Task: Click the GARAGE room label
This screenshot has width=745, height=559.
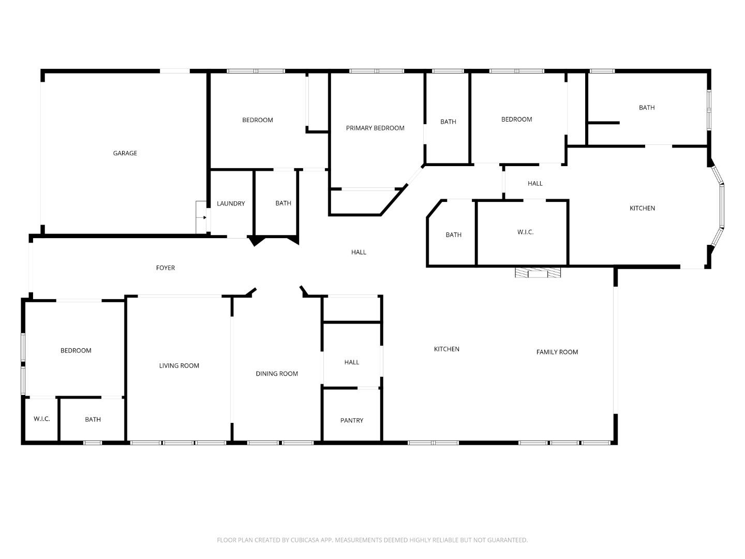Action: (x=125, y=153)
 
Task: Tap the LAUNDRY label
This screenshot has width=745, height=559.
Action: (x=231, y=203)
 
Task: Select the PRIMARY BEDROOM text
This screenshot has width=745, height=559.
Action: (x=375, y=128)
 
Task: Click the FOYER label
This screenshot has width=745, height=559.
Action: (x=166, y=268)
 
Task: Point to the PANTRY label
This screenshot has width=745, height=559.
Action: (x=352, y=420)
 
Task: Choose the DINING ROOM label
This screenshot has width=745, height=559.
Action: (x=277, y=374)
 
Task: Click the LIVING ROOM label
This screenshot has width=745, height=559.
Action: (x=179, y=365)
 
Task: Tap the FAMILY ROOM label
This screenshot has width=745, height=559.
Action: (x=557, y=352)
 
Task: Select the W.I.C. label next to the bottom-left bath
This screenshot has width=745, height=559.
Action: (x=42, y=419)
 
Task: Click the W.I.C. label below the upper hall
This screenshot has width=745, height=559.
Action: (x=525, y=232)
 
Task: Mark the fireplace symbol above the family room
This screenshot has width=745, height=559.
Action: (x=538, y=272)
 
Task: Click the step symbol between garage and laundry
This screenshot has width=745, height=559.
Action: (x=201, y=217)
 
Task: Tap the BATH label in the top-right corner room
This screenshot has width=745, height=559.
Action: (x=647, y=108)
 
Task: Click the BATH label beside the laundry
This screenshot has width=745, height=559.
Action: (x=283, y=203)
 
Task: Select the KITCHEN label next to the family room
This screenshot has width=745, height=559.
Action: (x=446, y=349)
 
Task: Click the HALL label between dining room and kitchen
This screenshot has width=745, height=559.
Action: (x=352, y=362)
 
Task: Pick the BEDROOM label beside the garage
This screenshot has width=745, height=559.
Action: (x=258, y=120)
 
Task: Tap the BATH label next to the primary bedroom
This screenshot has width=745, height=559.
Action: (x=448, y=122)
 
